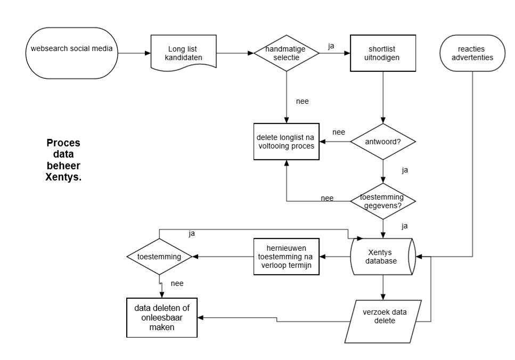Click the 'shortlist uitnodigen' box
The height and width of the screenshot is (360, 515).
tap(382, 52)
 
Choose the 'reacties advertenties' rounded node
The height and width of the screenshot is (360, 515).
tap(471, 52)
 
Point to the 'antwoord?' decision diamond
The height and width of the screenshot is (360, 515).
tap(382, 142)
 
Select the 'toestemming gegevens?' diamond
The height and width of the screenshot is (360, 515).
tap(382, 201)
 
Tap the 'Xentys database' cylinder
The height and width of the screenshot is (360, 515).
tap(382, 257)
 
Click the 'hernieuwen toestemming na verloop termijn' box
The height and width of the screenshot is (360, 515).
tap(285, 257)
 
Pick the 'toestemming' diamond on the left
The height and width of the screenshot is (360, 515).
tap(159, 257)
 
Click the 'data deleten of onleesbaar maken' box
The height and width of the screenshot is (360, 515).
tap(161, 317)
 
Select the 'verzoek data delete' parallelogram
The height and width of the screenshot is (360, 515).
tap(382, 321)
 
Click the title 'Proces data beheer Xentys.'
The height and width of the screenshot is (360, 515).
tap(63, 160)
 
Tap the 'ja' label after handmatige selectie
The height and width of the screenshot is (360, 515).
tap(331, 46)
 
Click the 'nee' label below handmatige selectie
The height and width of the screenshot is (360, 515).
tap(303, 101)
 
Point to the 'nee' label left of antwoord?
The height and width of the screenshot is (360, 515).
tap(338, 132)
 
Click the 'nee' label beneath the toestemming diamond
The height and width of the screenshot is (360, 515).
tap(177, 283)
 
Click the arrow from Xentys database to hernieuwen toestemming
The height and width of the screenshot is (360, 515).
tap(335, 257)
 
